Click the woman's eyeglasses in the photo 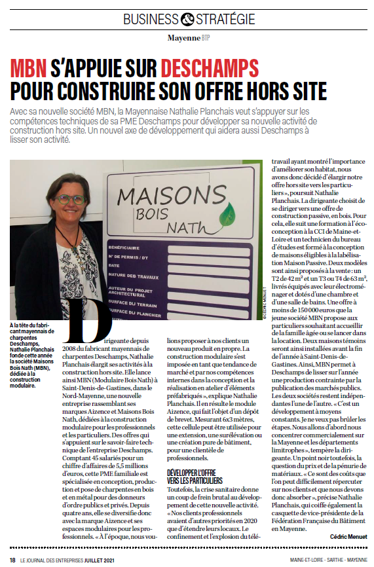coord(69,198)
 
